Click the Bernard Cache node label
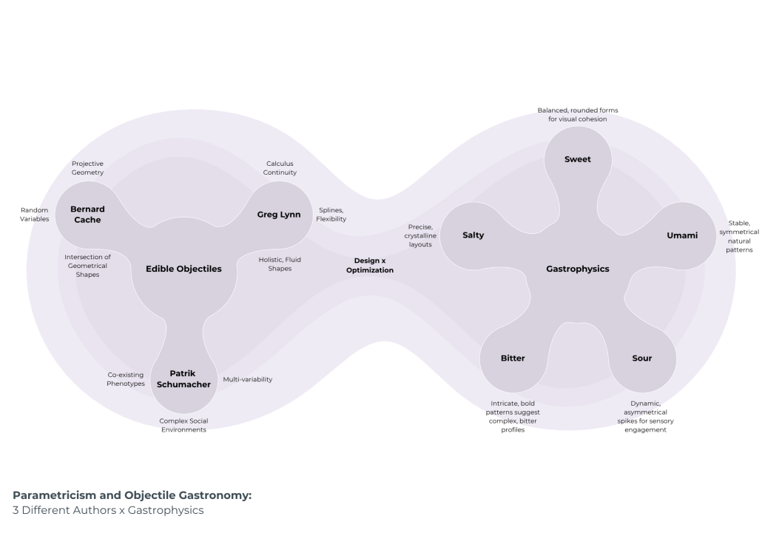coord(87,215)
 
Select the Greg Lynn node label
coord(278,215)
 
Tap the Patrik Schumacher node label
coord(184,379)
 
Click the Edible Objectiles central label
coord(183,269)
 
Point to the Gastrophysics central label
coord(578,269)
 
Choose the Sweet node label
coord(578,159)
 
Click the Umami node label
coord(682,235)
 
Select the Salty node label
coord(473,235)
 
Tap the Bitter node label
coord(513,358)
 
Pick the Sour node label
coord(642,358)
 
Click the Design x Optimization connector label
coord(370,266)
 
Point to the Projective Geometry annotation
coord(87,168)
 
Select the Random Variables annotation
coord(35,215)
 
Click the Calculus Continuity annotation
coord(281,168)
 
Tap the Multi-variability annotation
coord(248,380)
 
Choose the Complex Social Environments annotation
coord(184,425)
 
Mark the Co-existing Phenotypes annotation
coord(126,379)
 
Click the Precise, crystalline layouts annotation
coord(420,235)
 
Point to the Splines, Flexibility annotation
coord(331,215)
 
